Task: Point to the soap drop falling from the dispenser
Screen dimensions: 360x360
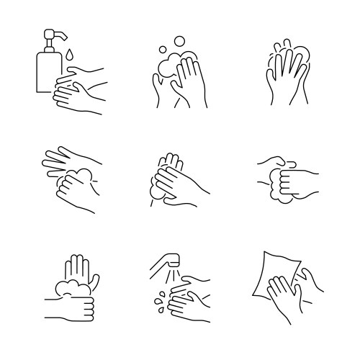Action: (71, 55)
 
